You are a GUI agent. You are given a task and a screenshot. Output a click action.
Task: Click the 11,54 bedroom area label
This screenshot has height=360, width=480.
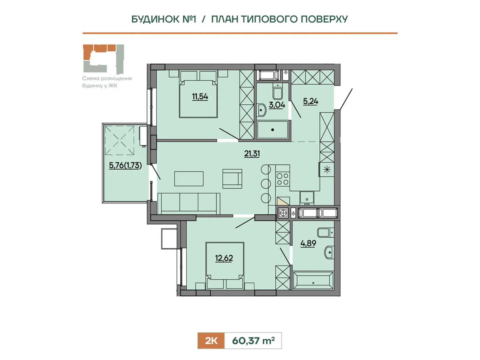click(200, 97)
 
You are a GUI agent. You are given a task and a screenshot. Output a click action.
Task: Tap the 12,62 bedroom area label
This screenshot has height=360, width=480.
click(224, 258)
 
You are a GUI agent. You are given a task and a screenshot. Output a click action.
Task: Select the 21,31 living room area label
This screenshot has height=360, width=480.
click(252, 154)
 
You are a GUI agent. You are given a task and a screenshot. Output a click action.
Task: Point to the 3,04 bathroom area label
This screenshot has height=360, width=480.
click(277, 105)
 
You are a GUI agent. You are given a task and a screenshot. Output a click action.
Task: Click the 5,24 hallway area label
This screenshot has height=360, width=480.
click(310, 101)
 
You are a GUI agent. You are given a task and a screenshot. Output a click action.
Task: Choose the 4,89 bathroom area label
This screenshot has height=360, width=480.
click(308, 243)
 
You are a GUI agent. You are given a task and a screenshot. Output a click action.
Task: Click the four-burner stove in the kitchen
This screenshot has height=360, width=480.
click(283, 179)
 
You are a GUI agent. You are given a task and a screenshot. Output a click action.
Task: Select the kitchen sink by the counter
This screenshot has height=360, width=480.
click(307, 198)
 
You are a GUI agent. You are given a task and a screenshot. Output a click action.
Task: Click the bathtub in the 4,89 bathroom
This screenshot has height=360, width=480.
click(313, 280)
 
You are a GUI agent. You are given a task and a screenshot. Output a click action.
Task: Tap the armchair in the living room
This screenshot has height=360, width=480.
click(232, 178)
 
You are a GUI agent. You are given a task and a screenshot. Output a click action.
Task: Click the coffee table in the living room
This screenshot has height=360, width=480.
click(189, 179)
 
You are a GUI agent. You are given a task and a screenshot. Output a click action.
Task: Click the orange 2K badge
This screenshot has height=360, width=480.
click(211, 341)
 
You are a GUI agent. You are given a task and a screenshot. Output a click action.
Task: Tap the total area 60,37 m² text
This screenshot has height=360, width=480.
click(253, 341)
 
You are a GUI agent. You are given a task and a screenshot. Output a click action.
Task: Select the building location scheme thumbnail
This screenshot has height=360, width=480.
click(103, 58)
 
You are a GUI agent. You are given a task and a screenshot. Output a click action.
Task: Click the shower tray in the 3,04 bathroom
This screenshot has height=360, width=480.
click(272, 130)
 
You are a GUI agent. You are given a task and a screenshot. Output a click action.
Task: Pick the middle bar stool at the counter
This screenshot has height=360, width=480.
click(266, 183)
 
